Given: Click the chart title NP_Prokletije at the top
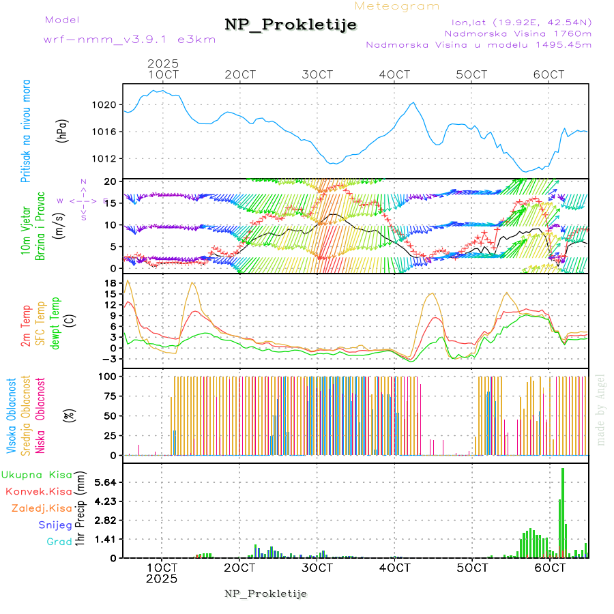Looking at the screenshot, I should coord(291,25).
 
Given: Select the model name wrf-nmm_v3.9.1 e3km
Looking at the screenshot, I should coord(130,39).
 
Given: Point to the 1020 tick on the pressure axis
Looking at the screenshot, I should coord(104,105).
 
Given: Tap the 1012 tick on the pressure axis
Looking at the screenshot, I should coord(104,158).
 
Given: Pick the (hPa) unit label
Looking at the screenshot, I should coord(62,131).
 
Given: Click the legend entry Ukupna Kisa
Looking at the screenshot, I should coord(36,474).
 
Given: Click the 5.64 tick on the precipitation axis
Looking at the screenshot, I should coord(105,482).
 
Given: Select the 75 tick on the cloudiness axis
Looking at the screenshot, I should coord(108,396).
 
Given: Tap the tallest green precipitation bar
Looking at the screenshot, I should coord(563,512).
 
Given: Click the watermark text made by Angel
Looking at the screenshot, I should coord(601,409).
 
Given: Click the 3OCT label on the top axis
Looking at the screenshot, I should coord(317,74).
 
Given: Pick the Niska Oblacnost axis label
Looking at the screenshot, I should coord(40,416).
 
